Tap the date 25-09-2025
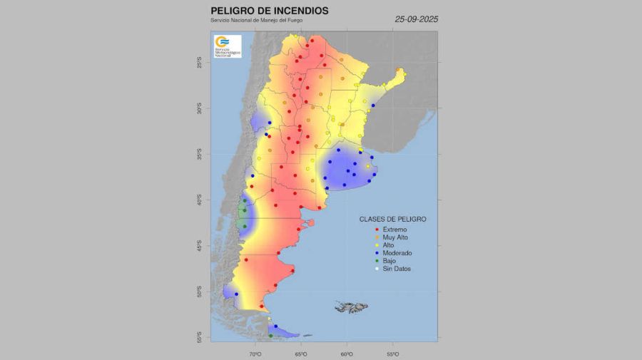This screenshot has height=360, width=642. [417, 19]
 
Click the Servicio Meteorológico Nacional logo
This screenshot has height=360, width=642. [228, 46]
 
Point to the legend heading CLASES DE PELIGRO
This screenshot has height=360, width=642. [392, 219]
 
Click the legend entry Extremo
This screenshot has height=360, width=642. [394, 230]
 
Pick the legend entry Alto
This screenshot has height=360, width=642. [388, 245]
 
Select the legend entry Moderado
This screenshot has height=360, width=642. [397, 253]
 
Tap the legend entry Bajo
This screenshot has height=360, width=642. [389, 261]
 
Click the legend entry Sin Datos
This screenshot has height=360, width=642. [397, 269]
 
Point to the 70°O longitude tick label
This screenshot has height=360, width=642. [255, 353]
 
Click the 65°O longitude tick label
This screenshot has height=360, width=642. [300, 353]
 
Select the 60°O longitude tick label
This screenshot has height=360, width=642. [347, 353]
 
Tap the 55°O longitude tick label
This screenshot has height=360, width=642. [392, 353]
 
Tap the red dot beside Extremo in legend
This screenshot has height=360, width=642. [376, 230]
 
